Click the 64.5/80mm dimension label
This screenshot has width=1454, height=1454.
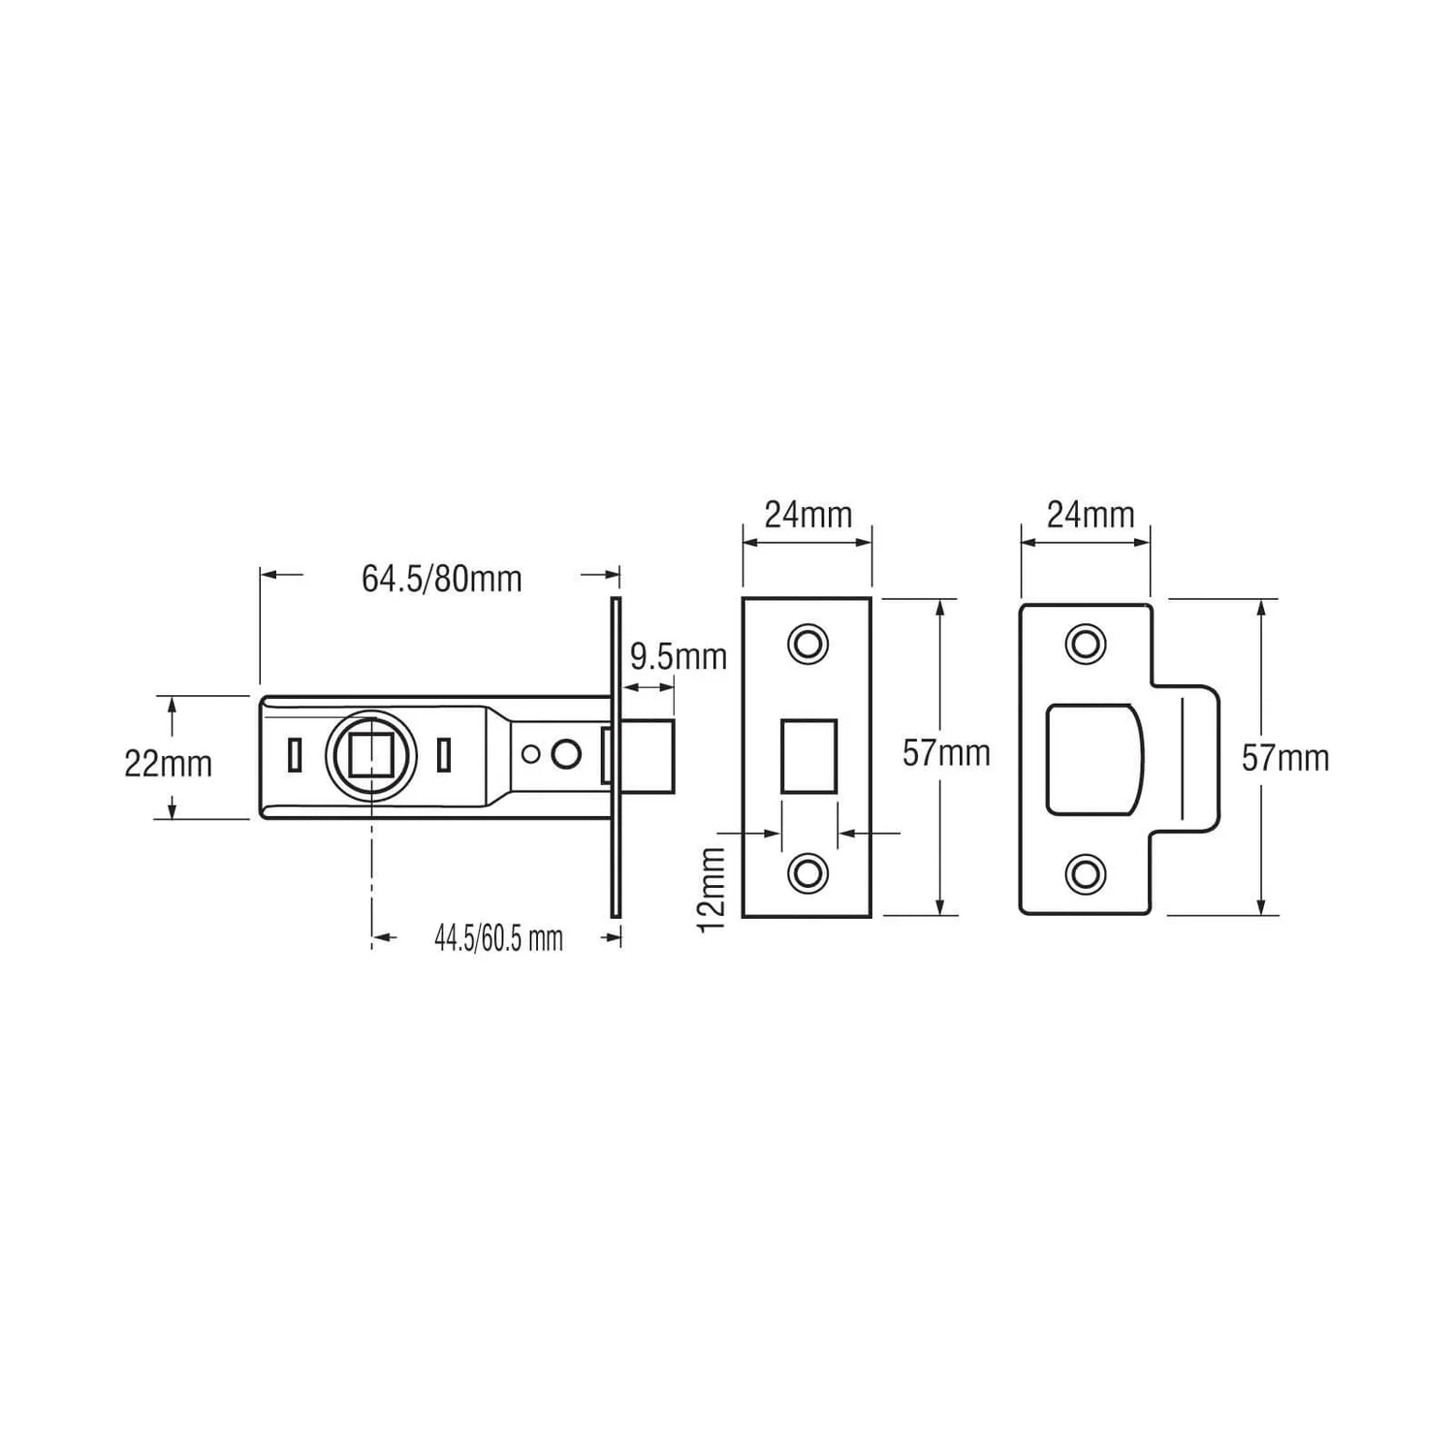tap(442, 579)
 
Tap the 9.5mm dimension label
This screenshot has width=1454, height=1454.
tap(679, 656)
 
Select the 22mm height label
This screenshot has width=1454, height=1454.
tap(168, 764)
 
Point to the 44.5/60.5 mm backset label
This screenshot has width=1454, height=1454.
tap(498, 938)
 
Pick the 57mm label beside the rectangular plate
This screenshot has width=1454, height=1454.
tap(946, 753)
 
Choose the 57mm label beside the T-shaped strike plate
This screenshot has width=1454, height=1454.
tap(1285, 758)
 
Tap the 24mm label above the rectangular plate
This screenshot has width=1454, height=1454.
tap(808, 515)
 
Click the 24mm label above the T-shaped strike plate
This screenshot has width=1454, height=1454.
tap(1090, 515)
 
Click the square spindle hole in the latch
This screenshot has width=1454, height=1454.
tap(370, 754)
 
